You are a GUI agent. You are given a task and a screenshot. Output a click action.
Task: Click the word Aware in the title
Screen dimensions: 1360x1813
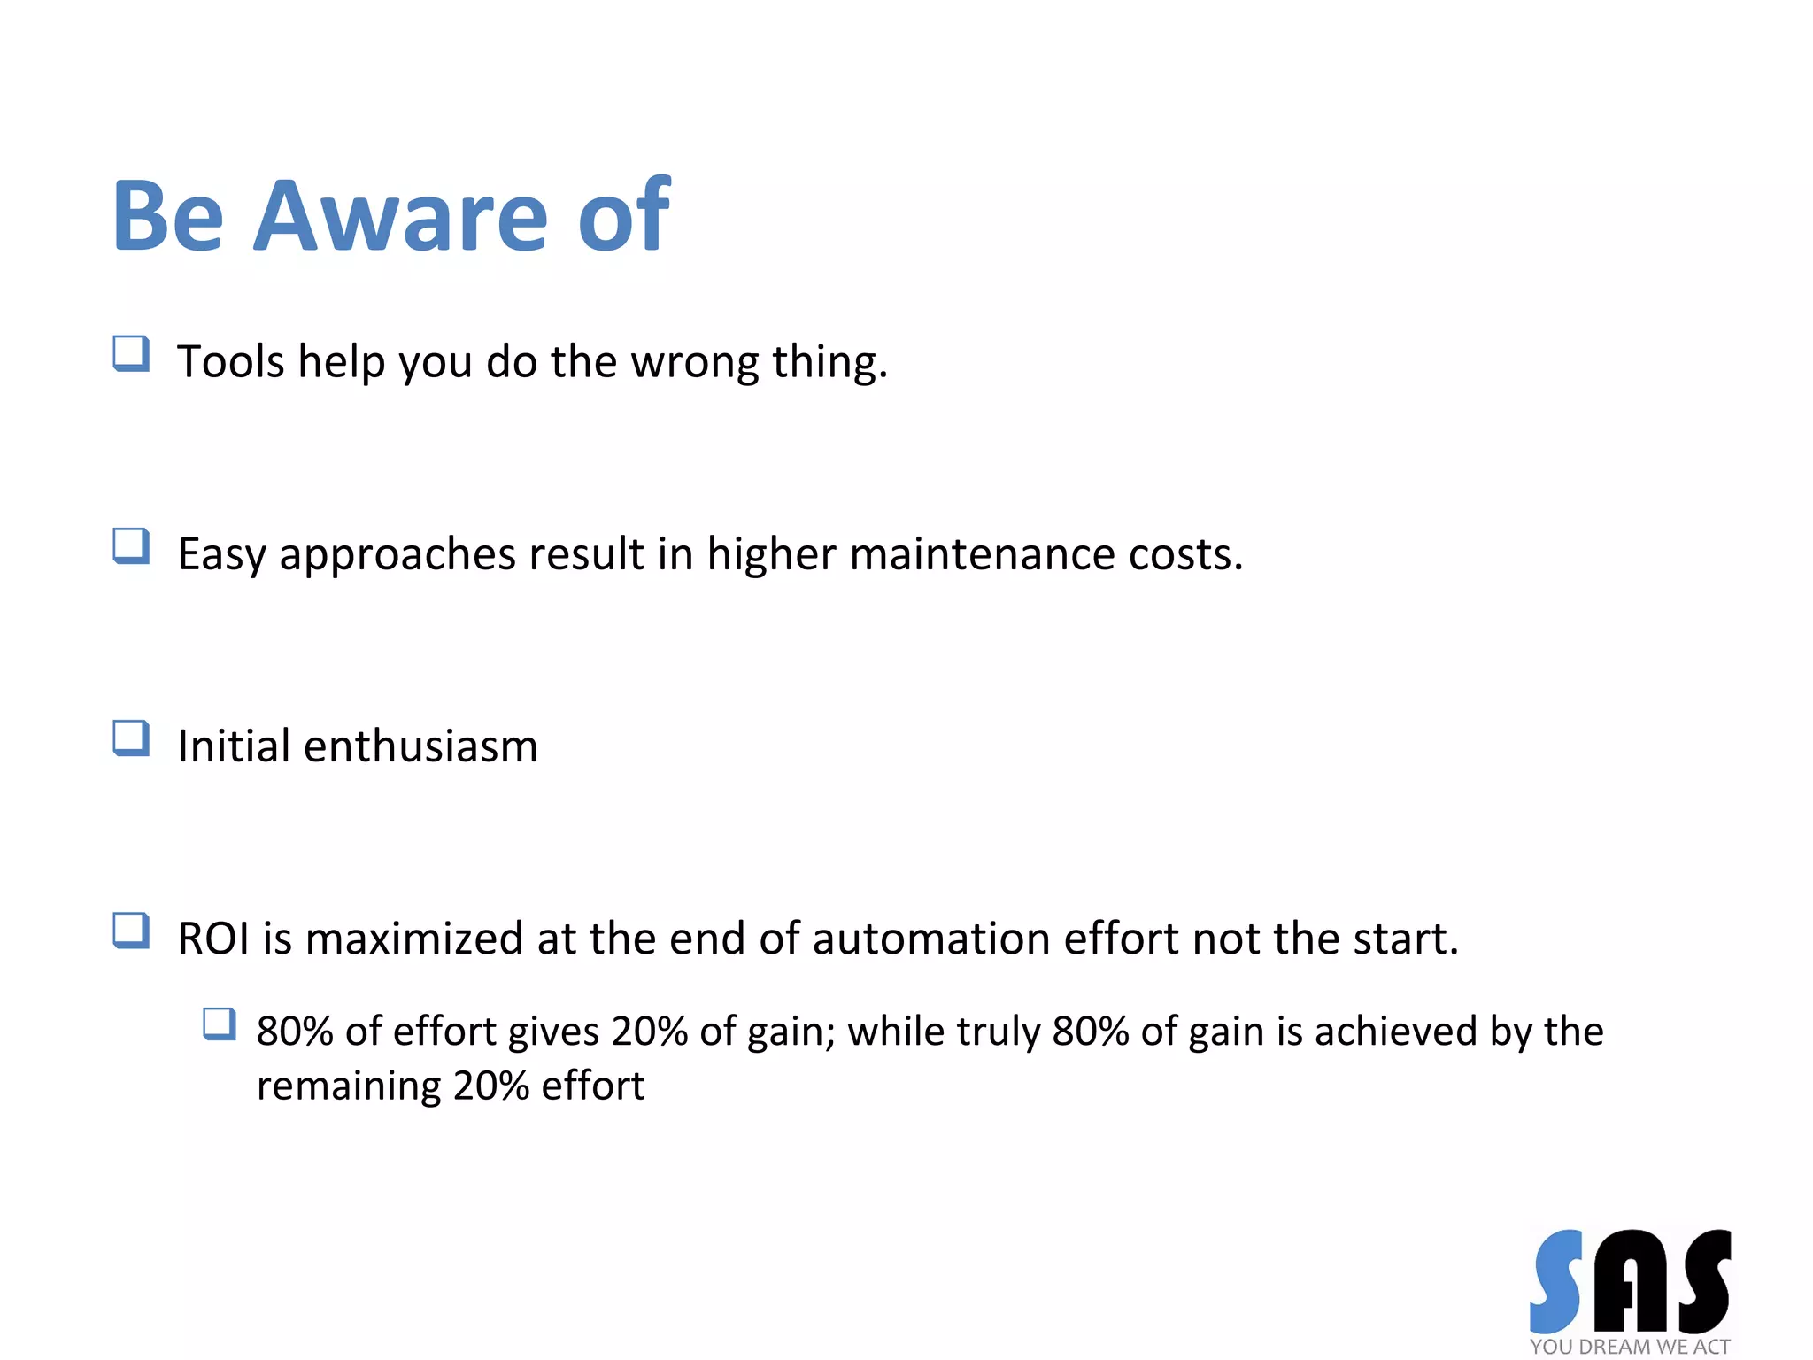coord(400,217)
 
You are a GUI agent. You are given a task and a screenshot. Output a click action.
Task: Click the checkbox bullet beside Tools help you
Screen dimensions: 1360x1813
coord(131,354)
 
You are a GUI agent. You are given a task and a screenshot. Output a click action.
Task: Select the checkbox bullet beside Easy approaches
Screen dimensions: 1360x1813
coord(131,546)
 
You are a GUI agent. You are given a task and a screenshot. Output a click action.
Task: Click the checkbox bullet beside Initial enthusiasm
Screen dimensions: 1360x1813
coord(131,738)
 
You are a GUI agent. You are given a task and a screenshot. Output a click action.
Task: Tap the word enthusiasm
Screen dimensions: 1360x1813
coord(420,746)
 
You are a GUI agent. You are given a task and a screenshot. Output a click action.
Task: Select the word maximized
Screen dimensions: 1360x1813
coord(413,939)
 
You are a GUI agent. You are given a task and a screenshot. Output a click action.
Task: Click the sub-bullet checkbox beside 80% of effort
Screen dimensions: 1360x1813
coord(219,1024)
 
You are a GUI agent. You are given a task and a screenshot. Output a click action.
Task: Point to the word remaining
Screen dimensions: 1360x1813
coord(348,1086)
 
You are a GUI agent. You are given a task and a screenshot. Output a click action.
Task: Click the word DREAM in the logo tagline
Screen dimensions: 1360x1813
coord(1615,1347)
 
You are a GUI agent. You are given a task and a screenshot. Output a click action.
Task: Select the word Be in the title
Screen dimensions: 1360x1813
coord(168,217)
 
